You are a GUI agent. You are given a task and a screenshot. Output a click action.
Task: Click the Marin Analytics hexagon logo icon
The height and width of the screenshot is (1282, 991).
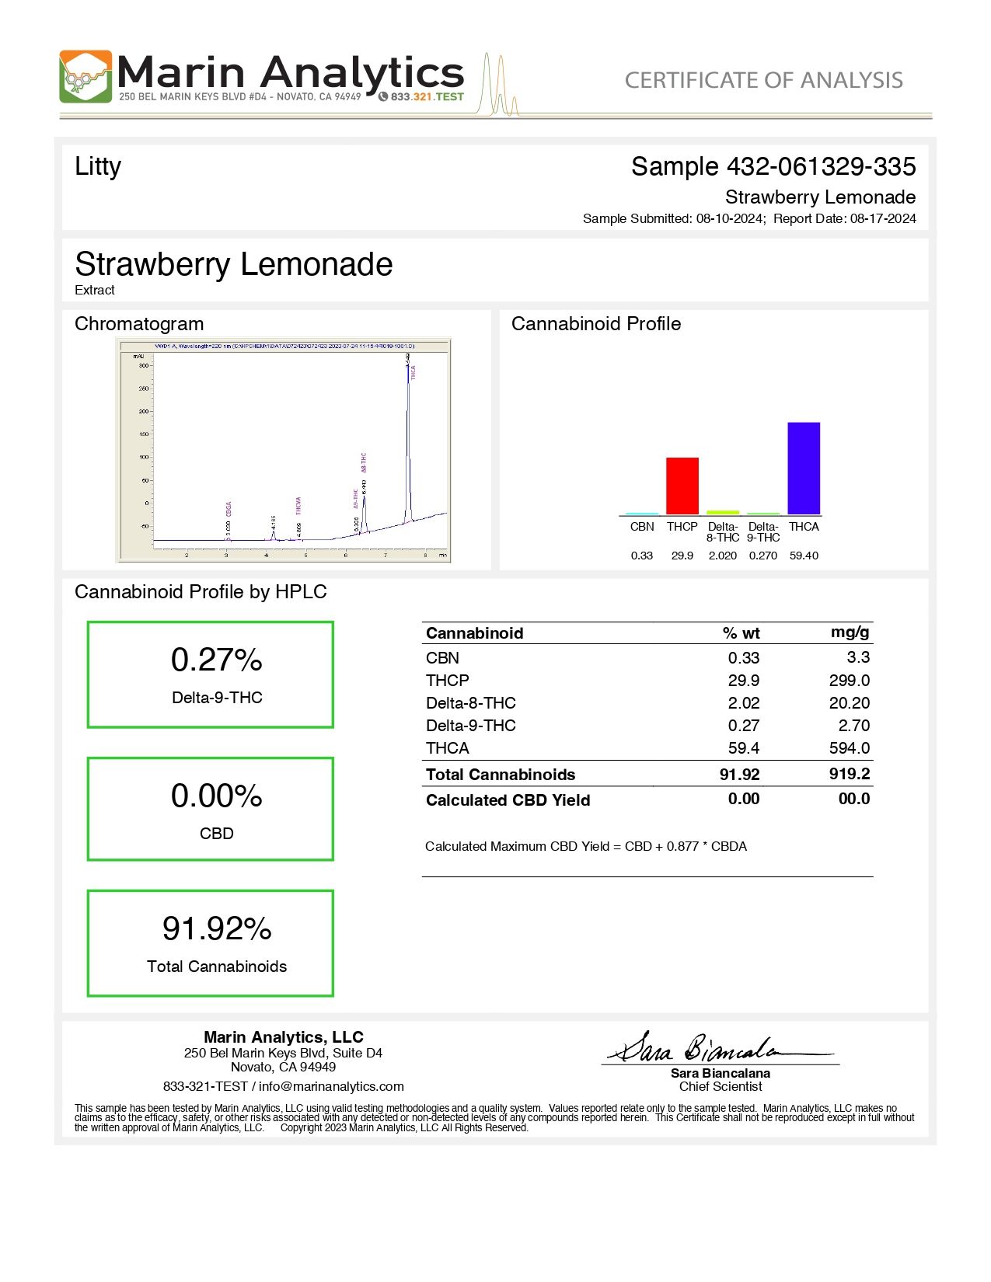click(x=85, y=77)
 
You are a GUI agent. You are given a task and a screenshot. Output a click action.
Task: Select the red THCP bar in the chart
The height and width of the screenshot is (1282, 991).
click(x=682, y=486)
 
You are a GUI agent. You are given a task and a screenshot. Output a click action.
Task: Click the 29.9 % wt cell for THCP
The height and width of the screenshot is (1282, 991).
click(x=744, y=681)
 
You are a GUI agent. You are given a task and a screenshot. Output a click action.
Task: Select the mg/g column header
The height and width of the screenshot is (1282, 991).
click(x=850, y=632)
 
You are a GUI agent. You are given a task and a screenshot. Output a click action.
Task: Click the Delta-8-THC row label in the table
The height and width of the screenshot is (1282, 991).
click(x=471, y=703)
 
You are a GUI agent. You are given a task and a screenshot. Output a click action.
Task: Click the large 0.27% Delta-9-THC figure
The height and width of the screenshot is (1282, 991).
click(x=217, y=660)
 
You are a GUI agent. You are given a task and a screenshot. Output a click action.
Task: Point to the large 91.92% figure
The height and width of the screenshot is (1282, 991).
click(x=217, y=928)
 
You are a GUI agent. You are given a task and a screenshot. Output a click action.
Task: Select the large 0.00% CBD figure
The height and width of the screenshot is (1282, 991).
click(x=217, y=796)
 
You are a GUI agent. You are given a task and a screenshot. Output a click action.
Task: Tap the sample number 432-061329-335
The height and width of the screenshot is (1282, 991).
click(x=821, y=166)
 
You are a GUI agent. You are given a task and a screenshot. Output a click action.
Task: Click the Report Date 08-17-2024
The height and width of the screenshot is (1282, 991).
click(x=883, y=219)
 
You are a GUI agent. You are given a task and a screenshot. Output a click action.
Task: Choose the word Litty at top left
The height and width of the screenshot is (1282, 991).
click(x=98, y=166)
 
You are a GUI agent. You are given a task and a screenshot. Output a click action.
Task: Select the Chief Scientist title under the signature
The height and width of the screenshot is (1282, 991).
click(x=721, y=1087)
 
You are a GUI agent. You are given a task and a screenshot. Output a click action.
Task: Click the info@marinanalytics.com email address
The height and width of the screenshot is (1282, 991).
click(x=331, y=1087)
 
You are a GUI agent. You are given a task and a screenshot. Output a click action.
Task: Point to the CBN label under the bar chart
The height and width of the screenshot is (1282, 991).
click(x=642, y=527)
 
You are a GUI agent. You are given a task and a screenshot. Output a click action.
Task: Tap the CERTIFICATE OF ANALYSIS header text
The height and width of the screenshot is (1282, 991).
click(x=763, y=80)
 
